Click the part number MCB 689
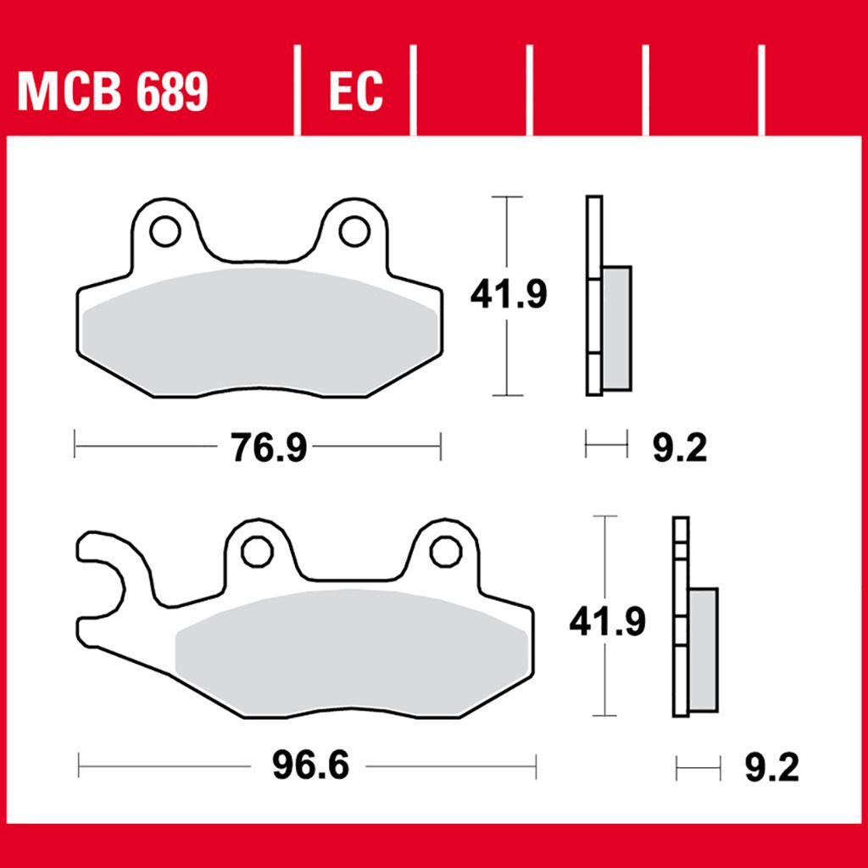click(x=113, y=91)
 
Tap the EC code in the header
click(x=356, y=91)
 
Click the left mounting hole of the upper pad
click(x=165, y=231)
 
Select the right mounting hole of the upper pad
click(x=354, y=231)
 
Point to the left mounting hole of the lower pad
click(x=257, y=552)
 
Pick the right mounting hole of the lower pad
click(x=446, y=552)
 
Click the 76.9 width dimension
click(x=269, y=448)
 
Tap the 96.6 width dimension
click(x=310, y=765)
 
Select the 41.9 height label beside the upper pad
click(x=509, y=294)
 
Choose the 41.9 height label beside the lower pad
click(x=607, y=621)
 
